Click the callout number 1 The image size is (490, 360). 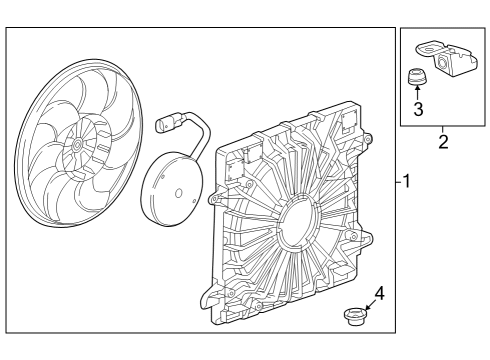406,181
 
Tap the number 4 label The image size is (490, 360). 378,293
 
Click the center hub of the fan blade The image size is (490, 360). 77,146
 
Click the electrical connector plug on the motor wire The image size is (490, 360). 166,124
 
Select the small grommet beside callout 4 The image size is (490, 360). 352,317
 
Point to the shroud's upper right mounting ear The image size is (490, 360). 368,137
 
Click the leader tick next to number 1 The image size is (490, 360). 397,181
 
